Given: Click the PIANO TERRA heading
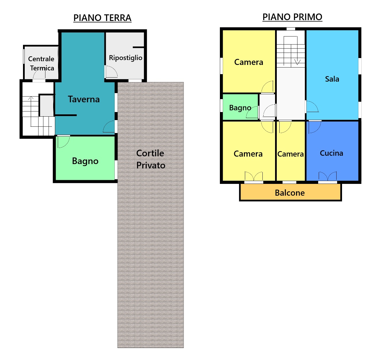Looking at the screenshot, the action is [102, 18].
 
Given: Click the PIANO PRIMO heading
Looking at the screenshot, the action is [292, 17].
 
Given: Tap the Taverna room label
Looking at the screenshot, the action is [84, 99].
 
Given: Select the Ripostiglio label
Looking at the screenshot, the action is [126, 58].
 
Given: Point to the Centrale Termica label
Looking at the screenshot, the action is [41, 63].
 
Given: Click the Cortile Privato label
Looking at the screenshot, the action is [151, 159].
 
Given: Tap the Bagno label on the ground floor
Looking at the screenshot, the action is [85, 161].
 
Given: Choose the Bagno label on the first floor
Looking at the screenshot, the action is [240, 108].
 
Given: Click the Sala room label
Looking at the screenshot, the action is [332, 79].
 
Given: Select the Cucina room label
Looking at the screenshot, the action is [331, 153].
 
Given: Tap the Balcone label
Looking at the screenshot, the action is [290, 193].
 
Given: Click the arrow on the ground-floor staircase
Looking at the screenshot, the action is [31, 111].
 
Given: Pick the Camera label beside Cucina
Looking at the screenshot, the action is [290, 154].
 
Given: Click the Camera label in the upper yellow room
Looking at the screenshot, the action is [249, 62].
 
